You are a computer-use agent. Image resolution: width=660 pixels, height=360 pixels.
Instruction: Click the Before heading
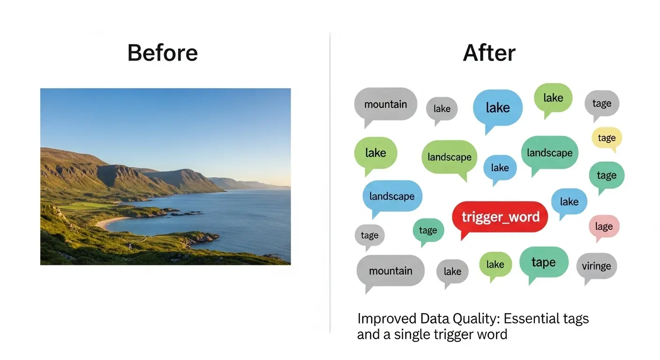[x=162, y=53]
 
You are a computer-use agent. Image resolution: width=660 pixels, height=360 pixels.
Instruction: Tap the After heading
[x=489, y=53]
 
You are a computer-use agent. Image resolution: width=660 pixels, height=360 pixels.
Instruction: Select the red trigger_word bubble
[x=500, y=217]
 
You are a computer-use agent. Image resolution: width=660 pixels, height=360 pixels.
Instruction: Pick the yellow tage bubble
[x=607, y=138]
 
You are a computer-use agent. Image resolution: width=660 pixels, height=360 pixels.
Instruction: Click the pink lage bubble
[x=604, y=226]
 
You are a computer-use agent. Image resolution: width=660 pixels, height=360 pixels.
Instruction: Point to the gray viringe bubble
[x=596, y=266]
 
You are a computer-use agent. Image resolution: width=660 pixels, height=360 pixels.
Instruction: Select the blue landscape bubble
[x=392, y=196]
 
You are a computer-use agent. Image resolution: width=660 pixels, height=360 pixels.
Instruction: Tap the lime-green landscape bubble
[x=450, y=157]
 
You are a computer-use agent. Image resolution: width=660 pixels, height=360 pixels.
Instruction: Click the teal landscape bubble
[x=549, y=153]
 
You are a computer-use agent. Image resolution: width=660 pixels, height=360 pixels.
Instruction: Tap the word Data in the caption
[x=435, y=318]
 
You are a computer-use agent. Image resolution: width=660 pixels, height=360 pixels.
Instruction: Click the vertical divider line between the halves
[x=330, y=183]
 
